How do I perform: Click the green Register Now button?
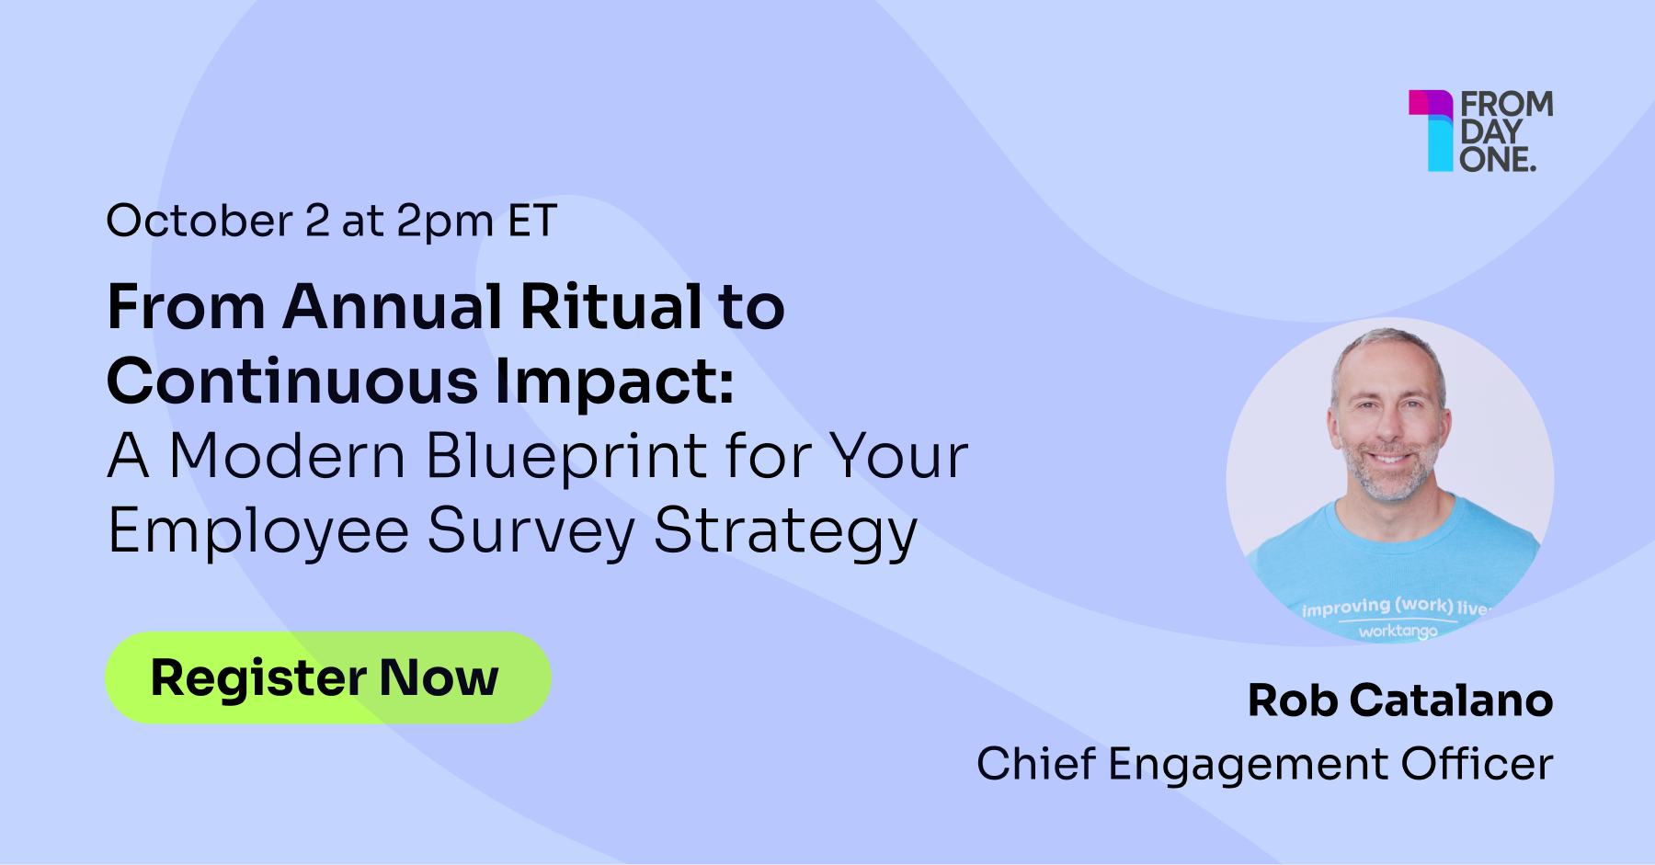click(x=328, y=677)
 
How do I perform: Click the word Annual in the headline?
click(x=393, y=306)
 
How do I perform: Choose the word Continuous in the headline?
click(x=292, y=381)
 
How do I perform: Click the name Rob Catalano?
click(x=1400, y=700)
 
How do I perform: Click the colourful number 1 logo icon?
click(x=1431, y=131)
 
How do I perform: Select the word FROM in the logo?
click(x=1507, y=104)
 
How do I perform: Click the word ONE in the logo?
click(x=1494, y=159)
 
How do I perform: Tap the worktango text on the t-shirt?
click(x=1398, y=632)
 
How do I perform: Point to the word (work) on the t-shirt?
click(x=1423, y=606)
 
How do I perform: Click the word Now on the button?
click(x=439, y=677)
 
